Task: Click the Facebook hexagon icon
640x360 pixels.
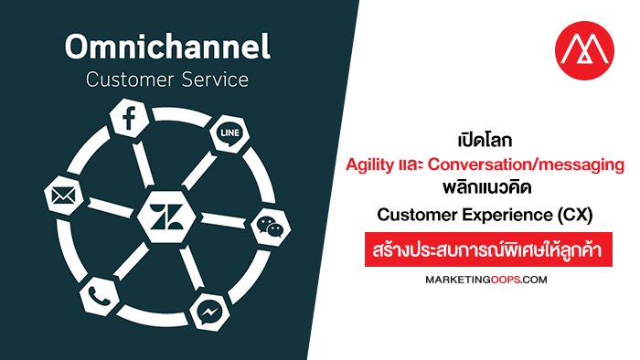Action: click(130, 118)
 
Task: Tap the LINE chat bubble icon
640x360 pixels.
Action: click(229, 133)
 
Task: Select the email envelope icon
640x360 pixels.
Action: click(63, 196)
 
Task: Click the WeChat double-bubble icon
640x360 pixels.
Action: click(271, 227)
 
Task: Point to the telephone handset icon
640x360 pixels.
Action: click(99, 296)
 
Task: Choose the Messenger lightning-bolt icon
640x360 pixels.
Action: click(209, 312)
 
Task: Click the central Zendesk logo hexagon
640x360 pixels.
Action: click(166, 217)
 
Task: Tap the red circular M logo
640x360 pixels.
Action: click(584, 50)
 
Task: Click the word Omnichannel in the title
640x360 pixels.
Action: click(167, 47)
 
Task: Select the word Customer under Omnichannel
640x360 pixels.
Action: click(130, 79)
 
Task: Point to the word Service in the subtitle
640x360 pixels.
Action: click(215, 79)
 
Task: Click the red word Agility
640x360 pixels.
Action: click(369, 164)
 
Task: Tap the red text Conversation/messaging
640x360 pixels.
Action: click(526, 164)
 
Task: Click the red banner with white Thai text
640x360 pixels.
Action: click(488, 249)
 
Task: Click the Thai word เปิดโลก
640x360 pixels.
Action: click(485, 140)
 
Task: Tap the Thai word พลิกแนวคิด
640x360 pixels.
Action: click(487, 188)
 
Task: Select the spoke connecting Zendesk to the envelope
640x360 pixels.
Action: click(111, 207)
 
